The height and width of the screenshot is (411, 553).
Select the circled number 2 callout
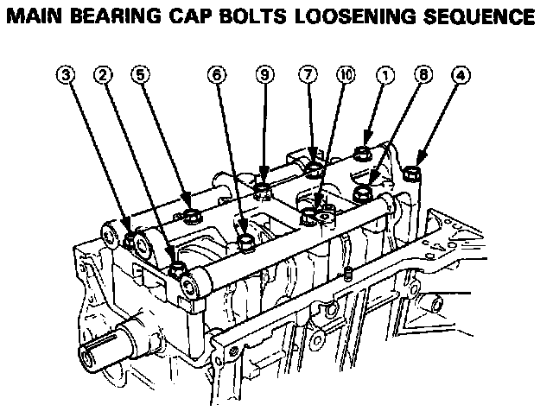(x=104, y=75)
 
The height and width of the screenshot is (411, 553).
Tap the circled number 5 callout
(x=139, y=75)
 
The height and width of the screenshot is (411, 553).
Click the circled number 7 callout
(x=308, y=75)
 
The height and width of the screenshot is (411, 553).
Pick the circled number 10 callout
(x=346, y=75)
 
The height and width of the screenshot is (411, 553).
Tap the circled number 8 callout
(x=423, y=75)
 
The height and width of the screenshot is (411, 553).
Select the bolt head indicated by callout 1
(x=365, y=156)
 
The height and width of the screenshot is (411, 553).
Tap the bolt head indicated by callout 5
(x=192, y=212)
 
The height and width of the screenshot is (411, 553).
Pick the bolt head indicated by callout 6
(x=247, y=237)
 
